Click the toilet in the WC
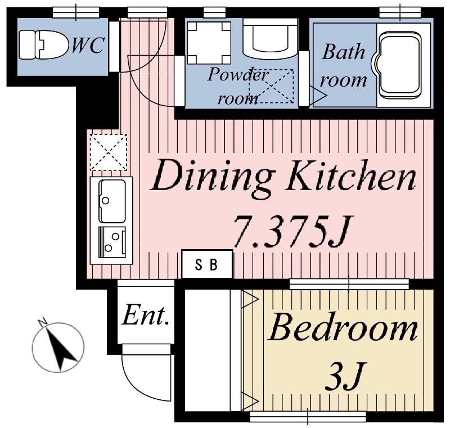pos(44,44)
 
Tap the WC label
pos(88,46)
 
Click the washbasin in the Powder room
pos(270,37)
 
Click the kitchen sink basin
pos(112,201)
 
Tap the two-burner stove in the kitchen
pos(112,242)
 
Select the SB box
pos(207,264)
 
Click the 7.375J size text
pos(292,231)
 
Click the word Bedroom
pos(343,327)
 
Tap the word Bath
pos(343,52)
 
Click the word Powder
pos(237,75)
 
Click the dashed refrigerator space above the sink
pos(109,152)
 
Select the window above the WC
pos(76,12)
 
